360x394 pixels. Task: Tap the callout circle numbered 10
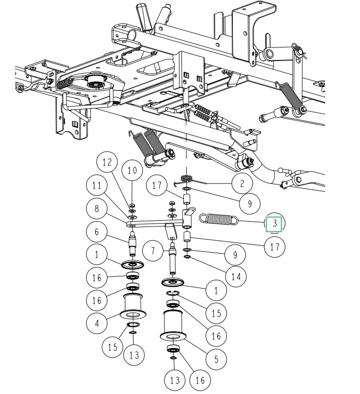[132, 170]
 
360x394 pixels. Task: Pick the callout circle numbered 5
[216, 359]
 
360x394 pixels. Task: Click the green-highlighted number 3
[275, 225]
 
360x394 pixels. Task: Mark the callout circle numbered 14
[236, 276]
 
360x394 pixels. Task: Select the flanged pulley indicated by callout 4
[132, 305]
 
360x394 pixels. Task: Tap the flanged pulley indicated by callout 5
[172, 324]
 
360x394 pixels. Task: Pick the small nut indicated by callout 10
[132, 206]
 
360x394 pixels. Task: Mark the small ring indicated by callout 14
[187, 256]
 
